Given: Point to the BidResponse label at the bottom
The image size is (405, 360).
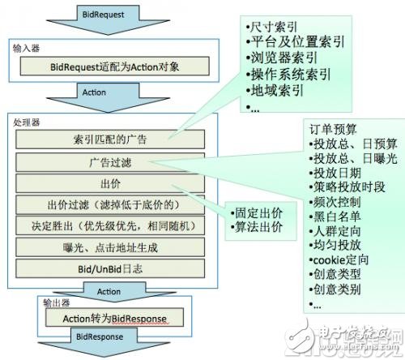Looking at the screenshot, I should click(x=101, y=336).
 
